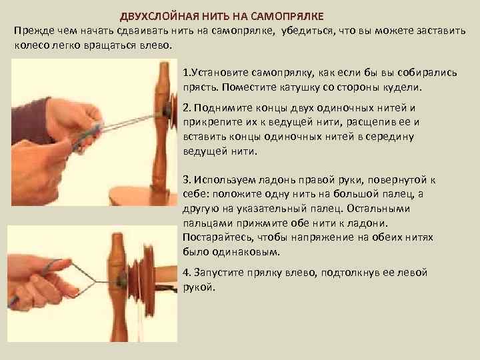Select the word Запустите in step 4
[216, 273]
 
